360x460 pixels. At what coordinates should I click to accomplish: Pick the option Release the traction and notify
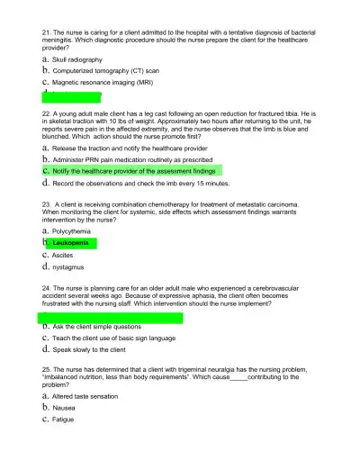pyautogui.click(x=130, y=148)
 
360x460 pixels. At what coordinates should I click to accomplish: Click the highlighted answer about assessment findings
pyautogui.click(x=133, y=169)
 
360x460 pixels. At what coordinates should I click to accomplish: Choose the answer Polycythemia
pyautogui.click(x=71, y=231)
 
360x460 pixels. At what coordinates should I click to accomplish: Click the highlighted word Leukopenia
pyautogui.click(x=72, y=243)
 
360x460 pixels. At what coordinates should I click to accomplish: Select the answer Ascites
pyautogui.click(x=63, y=255)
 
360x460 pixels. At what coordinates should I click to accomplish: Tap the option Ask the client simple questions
pyautogui.click(x=96, y=327)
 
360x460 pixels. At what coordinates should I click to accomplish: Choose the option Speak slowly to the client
pyautogui.click(x=88, y=349)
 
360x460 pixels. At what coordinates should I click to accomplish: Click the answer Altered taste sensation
pyautogui.click(x=85, y=396)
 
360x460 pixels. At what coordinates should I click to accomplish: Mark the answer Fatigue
pyautogui.click(x=64, y=419)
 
